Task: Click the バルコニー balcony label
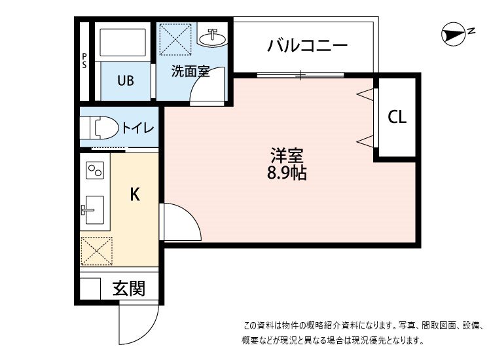coord(307,46)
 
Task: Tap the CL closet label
coord(397,117)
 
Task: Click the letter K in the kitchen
coord(134,194)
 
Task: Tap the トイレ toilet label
coord(138,128)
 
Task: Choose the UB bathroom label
coord(125,81)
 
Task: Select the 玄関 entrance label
coord(128,288)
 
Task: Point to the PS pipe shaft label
coord(84,60)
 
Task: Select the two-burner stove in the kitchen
coord(94,171)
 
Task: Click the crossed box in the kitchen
coord(96,251)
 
